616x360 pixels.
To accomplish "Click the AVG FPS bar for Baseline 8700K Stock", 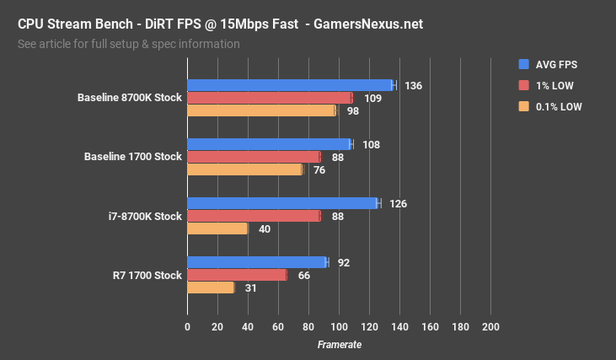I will point(290,85).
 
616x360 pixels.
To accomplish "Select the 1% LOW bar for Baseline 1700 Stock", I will point(254,157).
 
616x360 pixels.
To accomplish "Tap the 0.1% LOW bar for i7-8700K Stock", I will point(217,228).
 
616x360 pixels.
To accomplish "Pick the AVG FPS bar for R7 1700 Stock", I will point(257,262).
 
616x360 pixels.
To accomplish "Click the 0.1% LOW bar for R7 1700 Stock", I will point(211,287).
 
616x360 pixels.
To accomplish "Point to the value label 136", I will point(413,86).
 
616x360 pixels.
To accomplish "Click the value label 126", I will point(398,204).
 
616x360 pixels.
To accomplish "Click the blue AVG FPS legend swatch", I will point(523,63).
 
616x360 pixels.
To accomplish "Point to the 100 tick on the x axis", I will point(339,327).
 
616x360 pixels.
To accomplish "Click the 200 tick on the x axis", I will point(490,327).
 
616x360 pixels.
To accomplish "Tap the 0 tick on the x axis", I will point(187,327).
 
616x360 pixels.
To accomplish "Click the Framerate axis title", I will point(339,345).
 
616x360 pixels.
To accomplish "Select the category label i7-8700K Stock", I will point(145,217).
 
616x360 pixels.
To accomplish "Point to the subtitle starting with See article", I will point(128,44).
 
